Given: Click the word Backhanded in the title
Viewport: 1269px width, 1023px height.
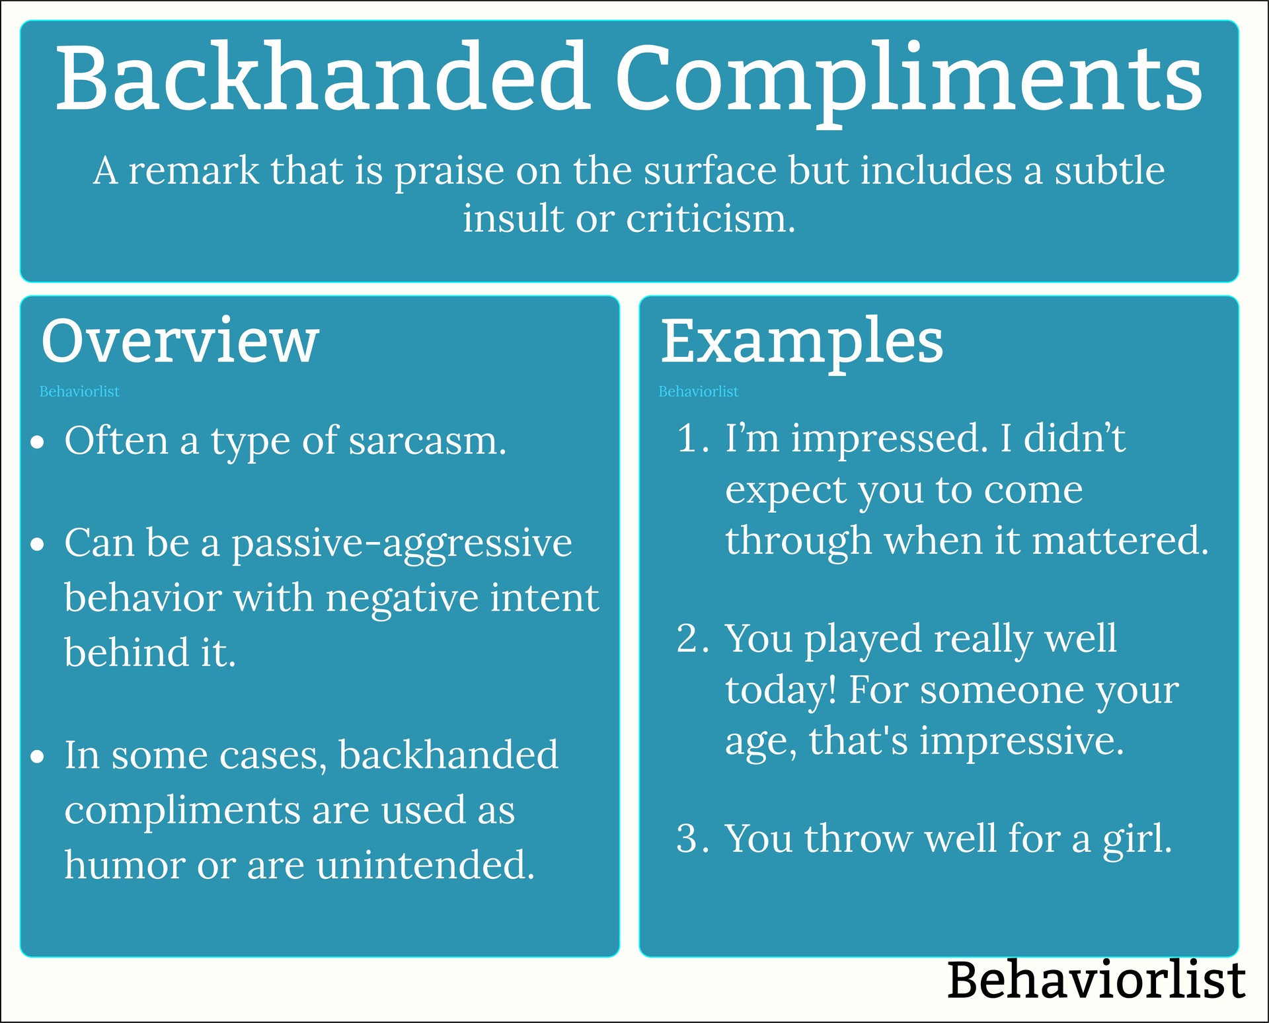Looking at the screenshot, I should tap(323, 78).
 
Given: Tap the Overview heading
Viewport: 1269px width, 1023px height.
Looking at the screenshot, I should tap(180, 341).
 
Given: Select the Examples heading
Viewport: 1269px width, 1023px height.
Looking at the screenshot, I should tap(802, 342).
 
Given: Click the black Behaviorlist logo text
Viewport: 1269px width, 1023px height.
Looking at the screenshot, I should tap(1096, 979).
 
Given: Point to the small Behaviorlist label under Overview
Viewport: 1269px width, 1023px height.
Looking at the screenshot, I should tap(79, 392).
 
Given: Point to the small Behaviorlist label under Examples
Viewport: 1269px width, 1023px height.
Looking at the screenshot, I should tap(698, 392).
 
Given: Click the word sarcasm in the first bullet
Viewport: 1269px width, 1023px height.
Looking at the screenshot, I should tap(427, 441).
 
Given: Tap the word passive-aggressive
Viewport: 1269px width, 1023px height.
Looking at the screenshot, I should tap(401, 544).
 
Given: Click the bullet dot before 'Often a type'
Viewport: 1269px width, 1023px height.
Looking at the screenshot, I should tap(38, 442).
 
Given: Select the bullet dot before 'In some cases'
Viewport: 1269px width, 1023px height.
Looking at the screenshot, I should tap(38, 757).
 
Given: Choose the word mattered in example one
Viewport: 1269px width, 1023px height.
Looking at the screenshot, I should tap(1120, 541).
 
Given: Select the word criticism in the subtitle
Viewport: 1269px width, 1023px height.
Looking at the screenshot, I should tap(710, 219).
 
